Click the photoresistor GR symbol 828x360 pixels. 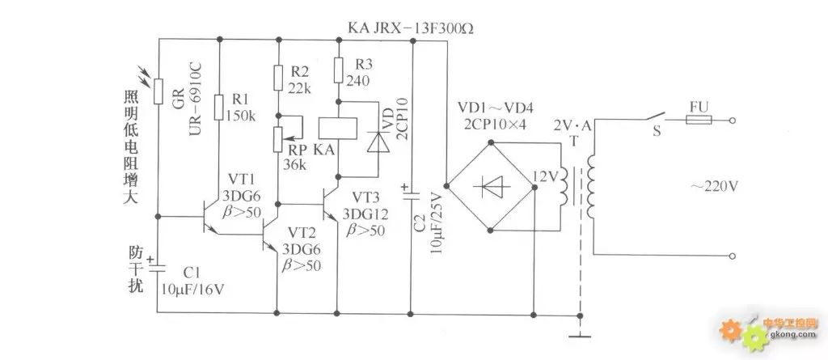[158, 91]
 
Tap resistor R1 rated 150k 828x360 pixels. [219, 108]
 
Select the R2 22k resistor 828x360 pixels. [278, 78]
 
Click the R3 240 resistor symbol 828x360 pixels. [339, 70]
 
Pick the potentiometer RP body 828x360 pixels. [278, 139]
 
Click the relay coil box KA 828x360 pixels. [337, 129]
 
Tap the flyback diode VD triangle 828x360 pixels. [378, 141]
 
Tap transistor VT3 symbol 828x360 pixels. [331, 204]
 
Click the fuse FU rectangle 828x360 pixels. [699, 120]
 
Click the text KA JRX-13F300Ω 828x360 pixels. [410, 28]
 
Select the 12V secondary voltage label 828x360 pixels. [544, 176]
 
